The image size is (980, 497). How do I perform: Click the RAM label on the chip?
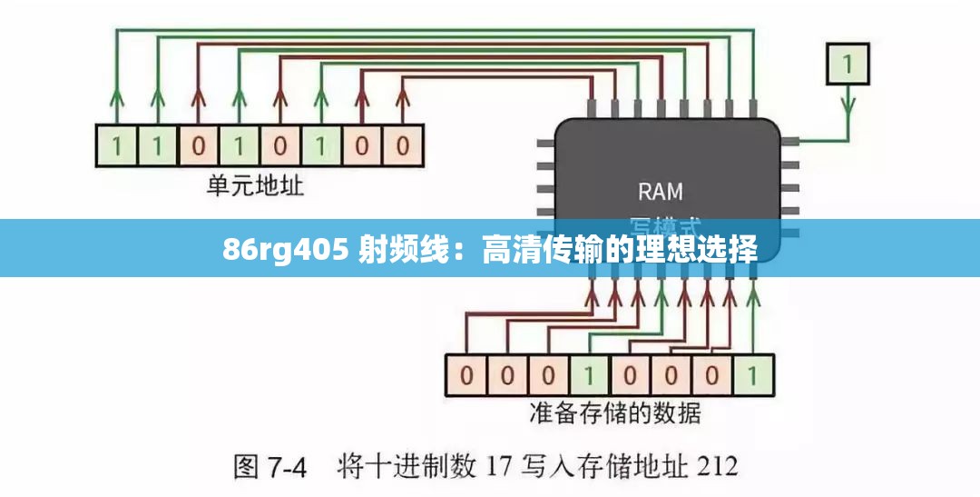point(660,192)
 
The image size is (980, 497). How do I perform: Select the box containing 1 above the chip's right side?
point(848,64)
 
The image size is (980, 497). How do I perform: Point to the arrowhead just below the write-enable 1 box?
point(848,103)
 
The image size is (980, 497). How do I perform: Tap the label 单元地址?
point(255,186)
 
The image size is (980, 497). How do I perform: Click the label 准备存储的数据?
point(614,413)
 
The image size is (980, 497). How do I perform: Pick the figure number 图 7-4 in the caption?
point(269,468)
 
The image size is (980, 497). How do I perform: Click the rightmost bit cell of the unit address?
point(401,145)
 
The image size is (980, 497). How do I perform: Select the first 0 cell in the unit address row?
point(197,145)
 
